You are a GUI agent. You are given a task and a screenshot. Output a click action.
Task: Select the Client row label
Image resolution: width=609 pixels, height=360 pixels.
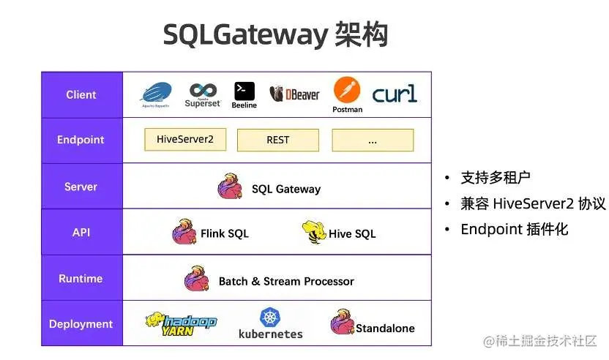point(81,94)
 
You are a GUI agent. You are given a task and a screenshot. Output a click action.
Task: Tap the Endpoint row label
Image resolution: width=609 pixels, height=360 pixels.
point(81,140)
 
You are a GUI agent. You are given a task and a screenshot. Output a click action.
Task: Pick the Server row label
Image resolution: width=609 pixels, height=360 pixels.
point(81,187)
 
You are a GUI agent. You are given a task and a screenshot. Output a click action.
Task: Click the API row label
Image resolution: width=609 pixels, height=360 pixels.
point(81,232)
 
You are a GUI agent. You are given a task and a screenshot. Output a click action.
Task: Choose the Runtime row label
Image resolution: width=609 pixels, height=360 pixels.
point(81,278)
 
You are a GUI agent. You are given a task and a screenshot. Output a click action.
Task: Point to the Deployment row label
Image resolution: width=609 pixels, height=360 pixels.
point(81,324)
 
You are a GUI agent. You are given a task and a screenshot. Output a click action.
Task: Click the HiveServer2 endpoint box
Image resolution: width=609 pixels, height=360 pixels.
point(185,139)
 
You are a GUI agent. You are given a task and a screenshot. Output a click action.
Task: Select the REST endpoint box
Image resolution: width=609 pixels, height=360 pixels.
point(278,140)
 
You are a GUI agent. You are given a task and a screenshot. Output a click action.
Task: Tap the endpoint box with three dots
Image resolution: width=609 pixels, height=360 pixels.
point(373,140)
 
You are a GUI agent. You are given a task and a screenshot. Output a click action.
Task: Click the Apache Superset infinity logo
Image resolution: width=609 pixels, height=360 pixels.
point(203,90)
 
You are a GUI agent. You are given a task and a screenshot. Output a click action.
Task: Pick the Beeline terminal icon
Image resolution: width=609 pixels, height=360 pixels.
point(244,91)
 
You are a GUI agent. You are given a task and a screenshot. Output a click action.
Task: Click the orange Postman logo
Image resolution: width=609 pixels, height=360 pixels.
point(347,91)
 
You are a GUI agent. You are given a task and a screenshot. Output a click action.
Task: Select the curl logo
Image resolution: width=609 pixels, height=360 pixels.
point(395,94)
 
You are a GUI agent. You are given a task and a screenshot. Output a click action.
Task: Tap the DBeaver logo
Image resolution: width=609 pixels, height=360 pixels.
point(295,94)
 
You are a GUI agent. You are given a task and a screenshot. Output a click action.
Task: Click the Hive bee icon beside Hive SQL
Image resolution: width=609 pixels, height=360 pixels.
point(313,232)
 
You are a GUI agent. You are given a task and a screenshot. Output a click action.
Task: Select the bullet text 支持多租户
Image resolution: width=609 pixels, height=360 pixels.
point(496,177)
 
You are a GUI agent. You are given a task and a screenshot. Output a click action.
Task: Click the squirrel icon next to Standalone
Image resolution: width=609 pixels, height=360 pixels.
point(342,323)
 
